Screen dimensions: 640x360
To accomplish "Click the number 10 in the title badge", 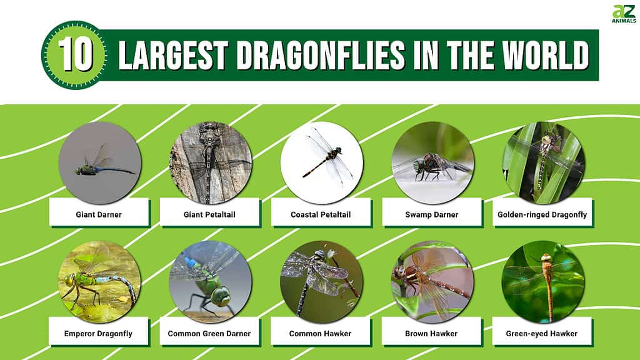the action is coord(76,54).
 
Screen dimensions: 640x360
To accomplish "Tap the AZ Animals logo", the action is coord(624,14).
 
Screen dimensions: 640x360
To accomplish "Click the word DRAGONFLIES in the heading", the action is coord(321,55).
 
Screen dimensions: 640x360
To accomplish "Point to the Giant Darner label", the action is coord(99,214).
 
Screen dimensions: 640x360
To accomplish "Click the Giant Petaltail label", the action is coord(209,214).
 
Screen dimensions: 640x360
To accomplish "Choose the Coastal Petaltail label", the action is coord(321,214).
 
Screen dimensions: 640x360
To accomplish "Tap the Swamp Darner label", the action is coord(431,214).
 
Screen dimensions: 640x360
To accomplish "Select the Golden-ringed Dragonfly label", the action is coord(542,215).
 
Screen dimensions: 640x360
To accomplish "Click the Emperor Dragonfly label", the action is coord(98,334).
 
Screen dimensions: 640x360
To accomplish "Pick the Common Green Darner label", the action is coord(209,334).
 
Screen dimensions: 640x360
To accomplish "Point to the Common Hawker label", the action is coord(320,334).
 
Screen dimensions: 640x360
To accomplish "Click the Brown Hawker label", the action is coord(431,334).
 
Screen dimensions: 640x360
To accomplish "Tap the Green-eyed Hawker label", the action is coord(542,334).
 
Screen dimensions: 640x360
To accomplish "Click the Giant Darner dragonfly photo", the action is coord(99,162).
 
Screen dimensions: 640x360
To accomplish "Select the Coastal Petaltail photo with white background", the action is coord(322,162).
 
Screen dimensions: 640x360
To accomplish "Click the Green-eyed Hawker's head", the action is coord(546,258).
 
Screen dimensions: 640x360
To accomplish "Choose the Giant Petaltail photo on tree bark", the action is coord(211,162).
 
